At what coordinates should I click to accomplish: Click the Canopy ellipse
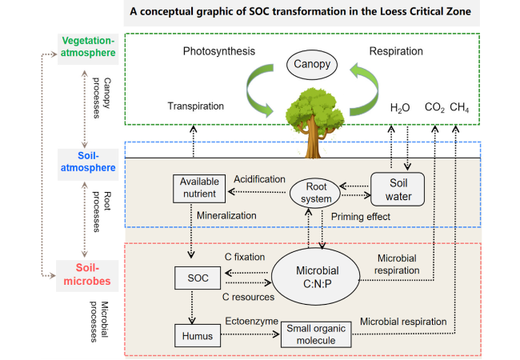(312, 64)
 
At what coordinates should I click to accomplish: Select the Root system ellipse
(315, 193)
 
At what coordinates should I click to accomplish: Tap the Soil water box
(398, 190)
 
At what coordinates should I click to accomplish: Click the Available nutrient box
(199, 188)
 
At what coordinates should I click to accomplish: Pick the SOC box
(198, 278)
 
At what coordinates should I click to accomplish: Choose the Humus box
(198, 335)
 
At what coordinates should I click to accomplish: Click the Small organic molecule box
(316, 334)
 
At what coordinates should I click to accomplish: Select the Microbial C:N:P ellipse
(316, 277)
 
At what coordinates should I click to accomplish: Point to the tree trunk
(313, 139)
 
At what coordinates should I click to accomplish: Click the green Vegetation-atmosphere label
(88, 46)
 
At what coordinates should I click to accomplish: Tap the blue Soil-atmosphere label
(88, 162)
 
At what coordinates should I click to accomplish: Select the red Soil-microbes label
(87, 274)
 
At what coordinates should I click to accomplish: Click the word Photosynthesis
(219, 51)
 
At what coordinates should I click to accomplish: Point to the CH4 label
(459, 107)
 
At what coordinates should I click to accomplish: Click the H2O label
(400, 108)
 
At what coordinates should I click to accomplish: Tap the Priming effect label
(361, 217)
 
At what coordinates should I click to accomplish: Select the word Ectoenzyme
(252, 321)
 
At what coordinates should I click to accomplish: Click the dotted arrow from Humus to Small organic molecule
(250, 334)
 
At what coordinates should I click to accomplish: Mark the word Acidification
(259, 179)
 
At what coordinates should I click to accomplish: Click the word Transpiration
(196, 106)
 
